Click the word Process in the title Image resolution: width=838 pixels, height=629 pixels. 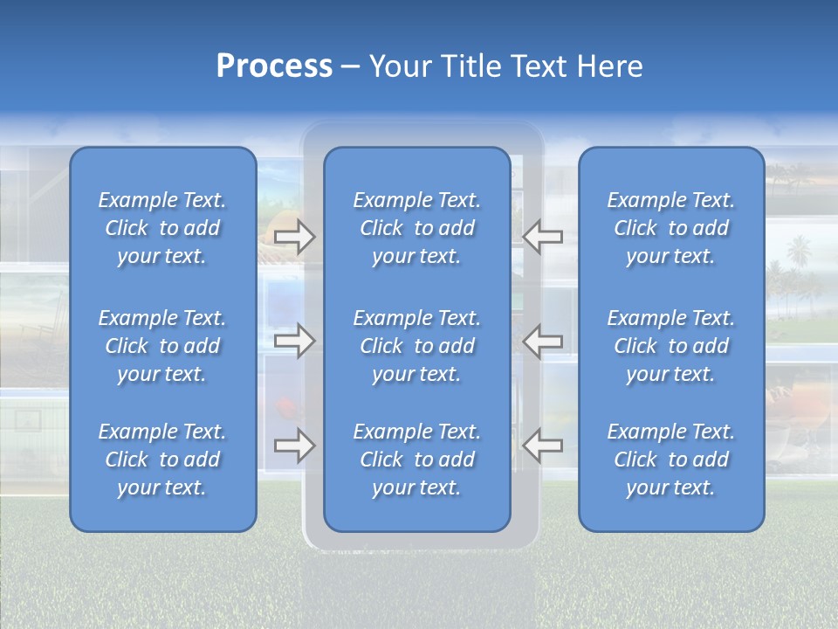pyautogui.click(x=274, y=66)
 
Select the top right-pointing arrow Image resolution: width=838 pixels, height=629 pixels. pyautogui.click(x=294, y=237)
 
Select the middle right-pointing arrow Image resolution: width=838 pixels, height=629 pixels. pyautogui.click(x=294, y=341)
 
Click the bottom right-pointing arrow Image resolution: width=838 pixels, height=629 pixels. pyautogui.click(x=294, y=446)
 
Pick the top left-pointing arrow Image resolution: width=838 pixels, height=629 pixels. pyautogui.click(x=543, y=237)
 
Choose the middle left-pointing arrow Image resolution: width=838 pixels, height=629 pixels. pyautogui.click(x=543, y=341)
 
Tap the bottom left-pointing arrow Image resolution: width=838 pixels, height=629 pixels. pyautogui.click(x=543, y=446)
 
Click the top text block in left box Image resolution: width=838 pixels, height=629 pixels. pyautogui.click(x=162, y=228)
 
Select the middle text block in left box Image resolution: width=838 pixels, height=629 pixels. pyautogui.click(x=162, y=346)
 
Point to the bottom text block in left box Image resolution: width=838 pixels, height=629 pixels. pyautogui.click(x=162, y=460)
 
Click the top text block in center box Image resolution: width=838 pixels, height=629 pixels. pyautogui.click(x=417, y=228)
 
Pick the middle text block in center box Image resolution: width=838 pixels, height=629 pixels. pyautogui.click(x=417, y=346)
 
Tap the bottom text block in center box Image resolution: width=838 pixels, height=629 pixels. pyautogui.click(x=417, y=460)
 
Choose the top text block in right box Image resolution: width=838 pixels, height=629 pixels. pyautogui.click(x=671, y=228)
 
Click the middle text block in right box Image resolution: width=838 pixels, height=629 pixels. pyautogui.click(x=671, y=346)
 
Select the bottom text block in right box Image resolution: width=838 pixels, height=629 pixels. pyautogui.click(x=671, y=460)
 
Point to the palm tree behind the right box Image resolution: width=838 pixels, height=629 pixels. pyautogui.click(x=796, y=259)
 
